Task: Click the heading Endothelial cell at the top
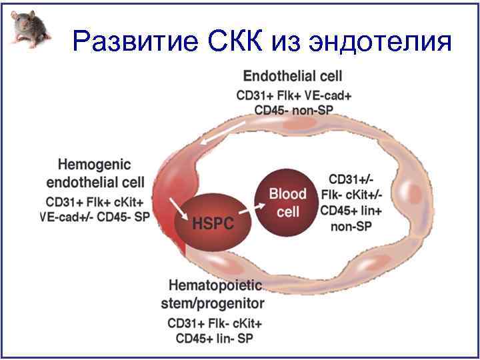(x=293, y=76)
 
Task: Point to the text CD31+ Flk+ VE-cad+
(x=294, y=95)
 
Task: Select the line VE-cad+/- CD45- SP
(x=95, y=216)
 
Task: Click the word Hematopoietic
(x=215, y=287)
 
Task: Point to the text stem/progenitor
(x=213, y=304)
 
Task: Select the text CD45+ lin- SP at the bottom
(x=215, y=339)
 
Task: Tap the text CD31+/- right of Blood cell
(x=351, y=180)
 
